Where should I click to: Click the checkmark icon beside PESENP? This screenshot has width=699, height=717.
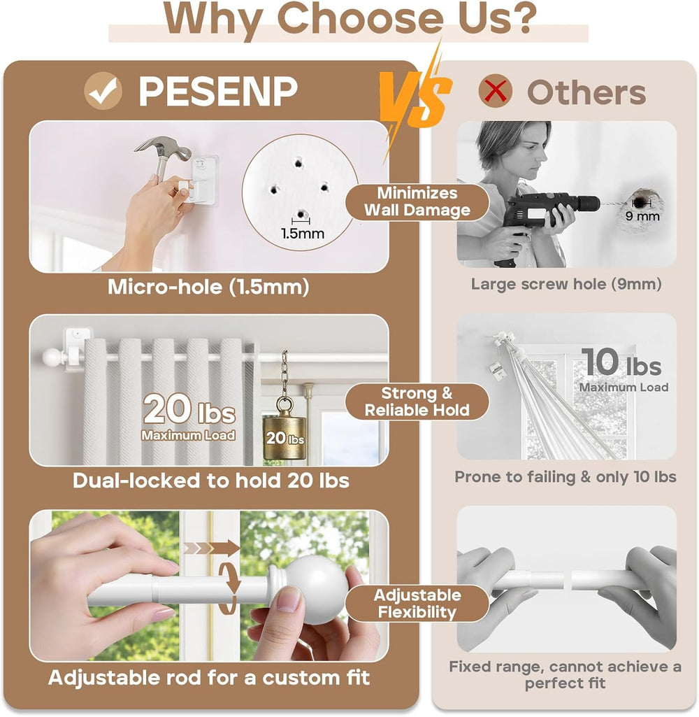pyautogui.click(x=103, y=90)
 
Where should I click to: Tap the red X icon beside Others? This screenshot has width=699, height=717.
pyautogui.click(x=495, y=90)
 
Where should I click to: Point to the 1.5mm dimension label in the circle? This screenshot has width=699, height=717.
pyautogui.click(x=303, y=233)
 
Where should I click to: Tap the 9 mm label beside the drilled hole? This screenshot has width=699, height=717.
pyautogui.click(x=642, y=216)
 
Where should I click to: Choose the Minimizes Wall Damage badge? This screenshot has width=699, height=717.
pyautogui.click(x=417, y=201)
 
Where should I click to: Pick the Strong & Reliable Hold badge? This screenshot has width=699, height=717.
pyautogui.click(x=417, y=402)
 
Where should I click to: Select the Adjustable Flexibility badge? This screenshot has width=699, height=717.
pyautogui.click(x=417, y=603)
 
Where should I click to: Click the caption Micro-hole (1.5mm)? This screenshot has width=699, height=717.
pyautogui.click(x=208, y=287)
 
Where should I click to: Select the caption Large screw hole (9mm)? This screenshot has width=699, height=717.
pyautogui.click(x=566, y=284)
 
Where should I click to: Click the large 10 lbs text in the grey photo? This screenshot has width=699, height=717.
pyautogui.click(x=621, y=362)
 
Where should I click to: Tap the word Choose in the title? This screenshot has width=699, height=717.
pyautogui.click(x=360, y=18)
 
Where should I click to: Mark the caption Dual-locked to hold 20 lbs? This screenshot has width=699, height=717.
pyautogui.click(x=211, y=481)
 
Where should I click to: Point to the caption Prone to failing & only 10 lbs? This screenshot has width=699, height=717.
pyautogui.click(x=565, y=477)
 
